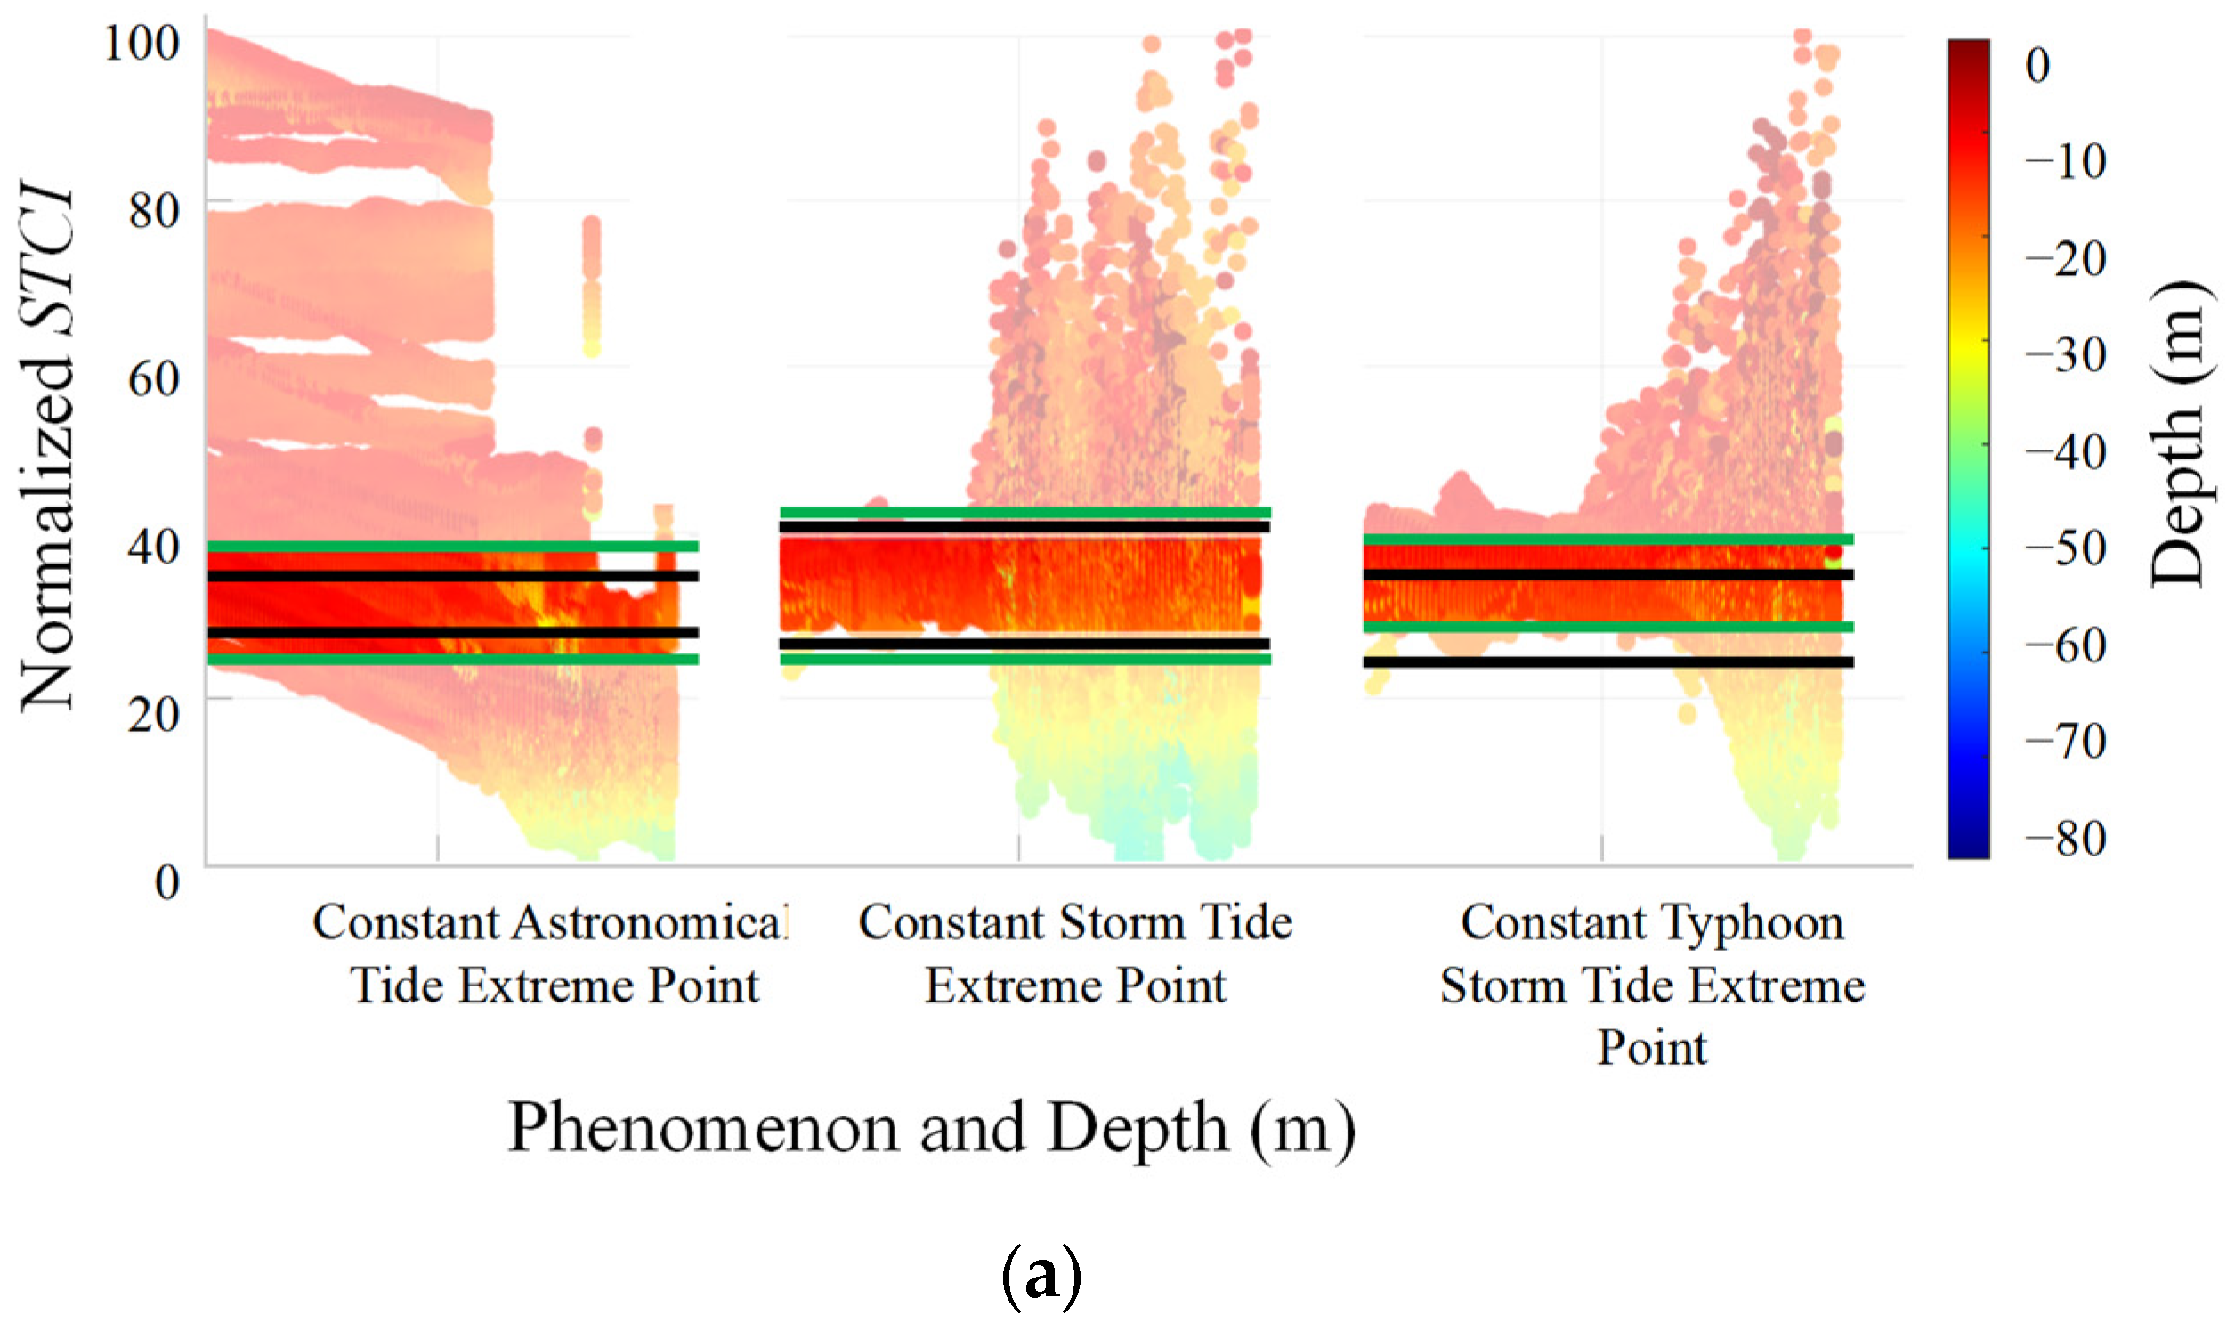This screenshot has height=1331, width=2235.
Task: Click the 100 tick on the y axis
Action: coord(142,42)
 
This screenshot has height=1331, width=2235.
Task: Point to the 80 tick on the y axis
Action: coord(153,211)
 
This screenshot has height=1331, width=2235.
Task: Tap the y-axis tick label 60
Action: coord(153,377)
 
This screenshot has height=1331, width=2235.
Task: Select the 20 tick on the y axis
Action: coord(153,713)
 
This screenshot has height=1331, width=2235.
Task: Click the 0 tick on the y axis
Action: coord(167,881)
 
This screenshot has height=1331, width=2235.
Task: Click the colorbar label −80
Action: coord(2066,839)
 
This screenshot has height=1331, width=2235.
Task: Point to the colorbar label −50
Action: coord(2066,548)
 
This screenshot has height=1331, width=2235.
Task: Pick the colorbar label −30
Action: coord(2066,354)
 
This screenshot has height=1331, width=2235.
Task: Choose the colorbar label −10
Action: coord(2066,161)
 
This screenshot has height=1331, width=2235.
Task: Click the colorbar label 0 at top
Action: coord(2037,65)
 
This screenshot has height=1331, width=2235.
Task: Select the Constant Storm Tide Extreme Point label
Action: coord(1075,954)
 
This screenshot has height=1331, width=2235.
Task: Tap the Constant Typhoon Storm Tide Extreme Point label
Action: coord(1652,985)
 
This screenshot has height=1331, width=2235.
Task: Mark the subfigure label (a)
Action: coord(1040,1278)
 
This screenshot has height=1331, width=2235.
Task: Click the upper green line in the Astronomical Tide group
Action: coord(453,547)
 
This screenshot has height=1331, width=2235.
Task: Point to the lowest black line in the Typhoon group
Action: coord(1608,661)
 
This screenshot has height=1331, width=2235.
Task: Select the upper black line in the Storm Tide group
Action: coord(1024,526)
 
